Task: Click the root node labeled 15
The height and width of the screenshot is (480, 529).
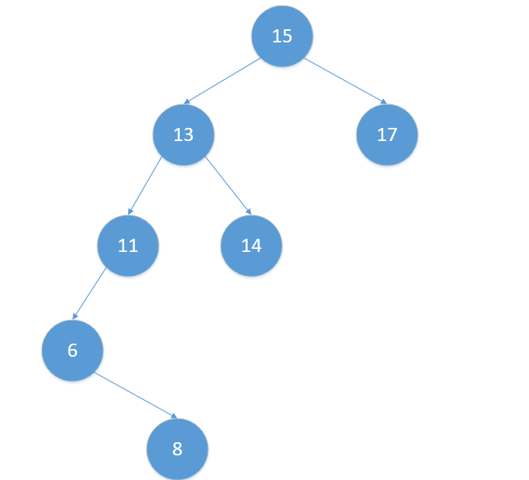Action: point(282,36)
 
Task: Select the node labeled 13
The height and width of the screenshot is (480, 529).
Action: point(184,135)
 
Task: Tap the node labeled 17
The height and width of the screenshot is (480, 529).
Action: point(387,135)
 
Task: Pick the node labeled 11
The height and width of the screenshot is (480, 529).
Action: point(128,246)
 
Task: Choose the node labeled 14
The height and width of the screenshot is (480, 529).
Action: point(251,246)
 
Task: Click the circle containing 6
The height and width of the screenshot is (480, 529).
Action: point(72,351)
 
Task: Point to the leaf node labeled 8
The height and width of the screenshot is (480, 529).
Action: point(177,449)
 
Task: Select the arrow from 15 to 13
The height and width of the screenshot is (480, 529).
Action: point(223,80)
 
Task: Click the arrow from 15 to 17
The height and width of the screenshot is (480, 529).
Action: point(345,80)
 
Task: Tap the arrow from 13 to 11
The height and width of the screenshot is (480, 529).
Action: point(145,186)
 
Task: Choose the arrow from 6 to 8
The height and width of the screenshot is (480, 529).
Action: point(136,395)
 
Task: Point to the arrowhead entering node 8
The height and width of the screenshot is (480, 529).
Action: point(175,417)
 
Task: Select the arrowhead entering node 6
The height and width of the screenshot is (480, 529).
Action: point(75,316)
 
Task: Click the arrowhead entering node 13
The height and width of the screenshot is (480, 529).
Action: point(187,101)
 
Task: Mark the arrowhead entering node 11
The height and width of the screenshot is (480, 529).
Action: point(130,211)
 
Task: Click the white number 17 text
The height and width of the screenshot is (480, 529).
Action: point(387,135)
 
